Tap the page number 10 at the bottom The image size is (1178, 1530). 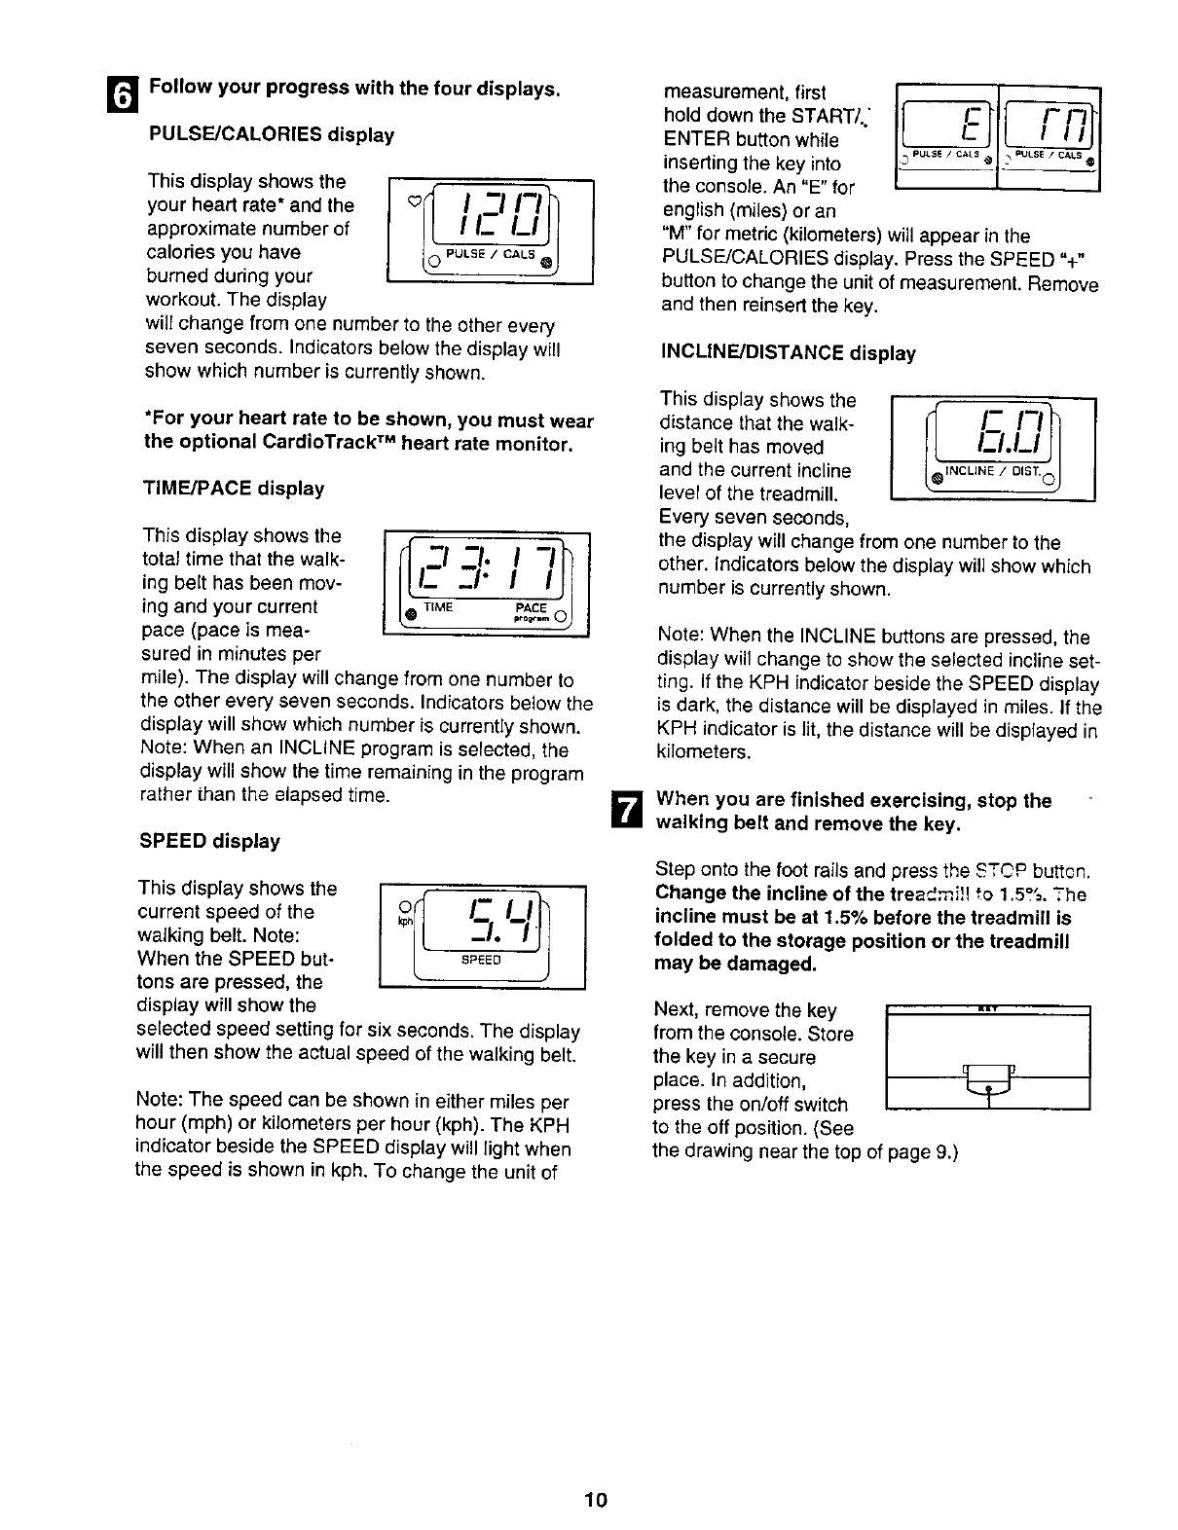(x=596, y=1500)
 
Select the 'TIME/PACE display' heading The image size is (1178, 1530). (x=234, y=488)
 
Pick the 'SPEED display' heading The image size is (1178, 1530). (x=209, y=841)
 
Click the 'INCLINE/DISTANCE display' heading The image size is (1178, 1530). (x=788, y=353)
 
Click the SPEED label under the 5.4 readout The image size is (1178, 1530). (x=482, y=960)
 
